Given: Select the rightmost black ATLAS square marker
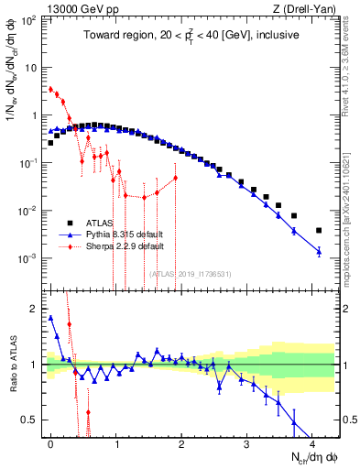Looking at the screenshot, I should [x=319, y=230].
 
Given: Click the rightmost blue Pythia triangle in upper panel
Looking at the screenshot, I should [x=319, y=251].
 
